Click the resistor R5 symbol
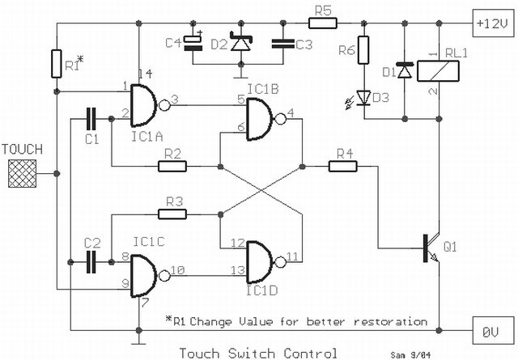(322, 23)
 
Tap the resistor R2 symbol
(172, 167)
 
